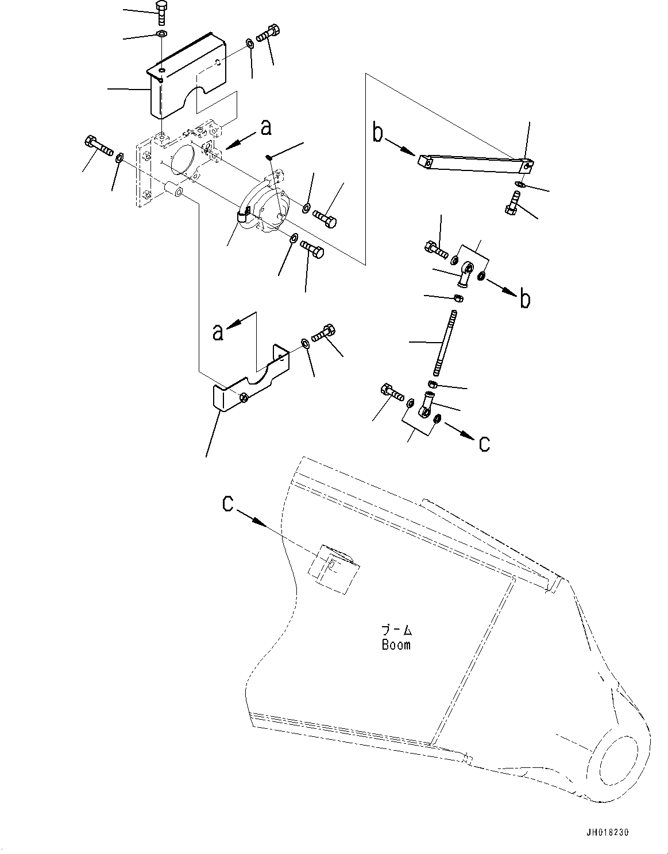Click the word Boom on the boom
396,645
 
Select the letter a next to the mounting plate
265,128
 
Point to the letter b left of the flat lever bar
377,134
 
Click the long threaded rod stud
445,343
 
